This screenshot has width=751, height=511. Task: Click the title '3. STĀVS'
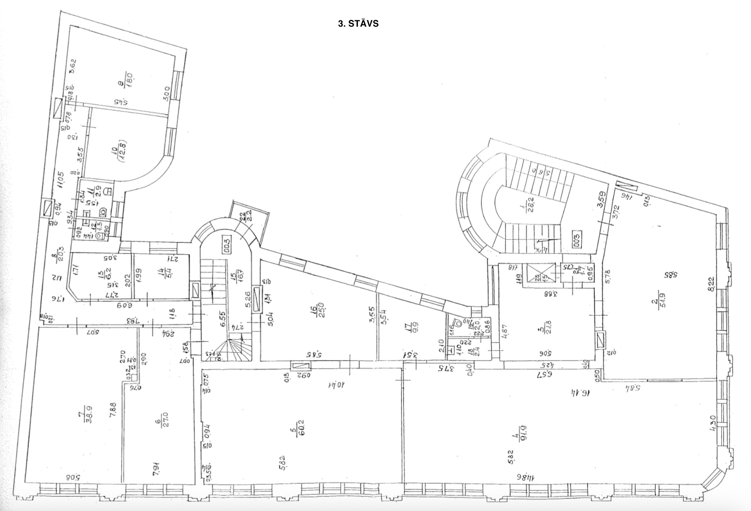358,24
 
